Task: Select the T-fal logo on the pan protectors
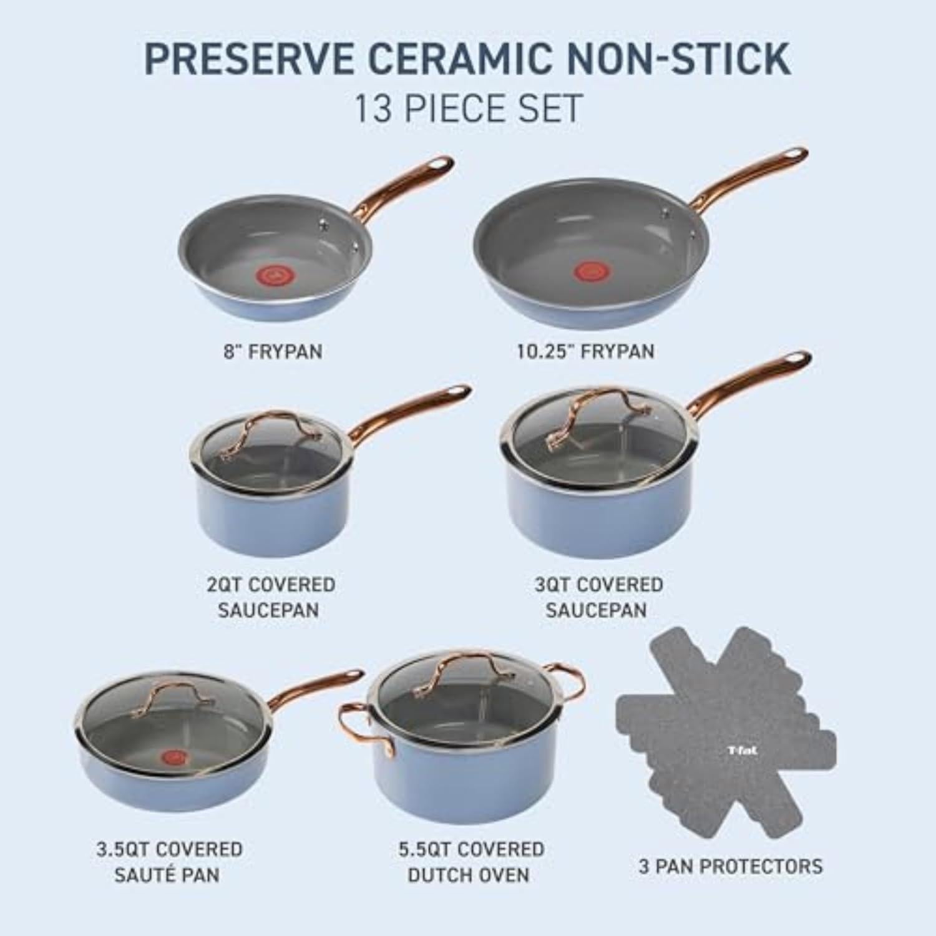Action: pos(742,751)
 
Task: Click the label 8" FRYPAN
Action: pos(273,351)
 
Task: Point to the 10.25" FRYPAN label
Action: pos(585,351)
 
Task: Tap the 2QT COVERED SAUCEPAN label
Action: pos(270,597)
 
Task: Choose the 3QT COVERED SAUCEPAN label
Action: pos(598,597)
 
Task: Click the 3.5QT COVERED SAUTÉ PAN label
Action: pos(168,862)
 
